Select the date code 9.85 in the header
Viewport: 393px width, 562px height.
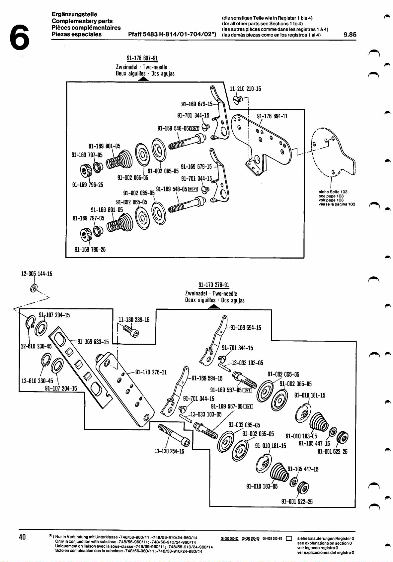350,34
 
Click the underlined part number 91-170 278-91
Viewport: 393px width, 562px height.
214,285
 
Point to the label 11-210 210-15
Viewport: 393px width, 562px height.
245,89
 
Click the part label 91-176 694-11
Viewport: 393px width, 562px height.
272,116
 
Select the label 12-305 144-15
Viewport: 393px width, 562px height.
37,274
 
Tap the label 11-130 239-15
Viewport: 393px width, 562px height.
134,320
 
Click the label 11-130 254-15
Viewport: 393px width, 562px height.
169,451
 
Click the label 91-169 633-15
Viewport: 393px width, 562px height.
93,342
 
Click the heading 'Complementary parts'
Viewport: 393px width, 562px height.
82,21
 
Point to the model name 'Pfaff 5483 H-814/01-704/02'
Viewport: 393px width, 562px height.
172,34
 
